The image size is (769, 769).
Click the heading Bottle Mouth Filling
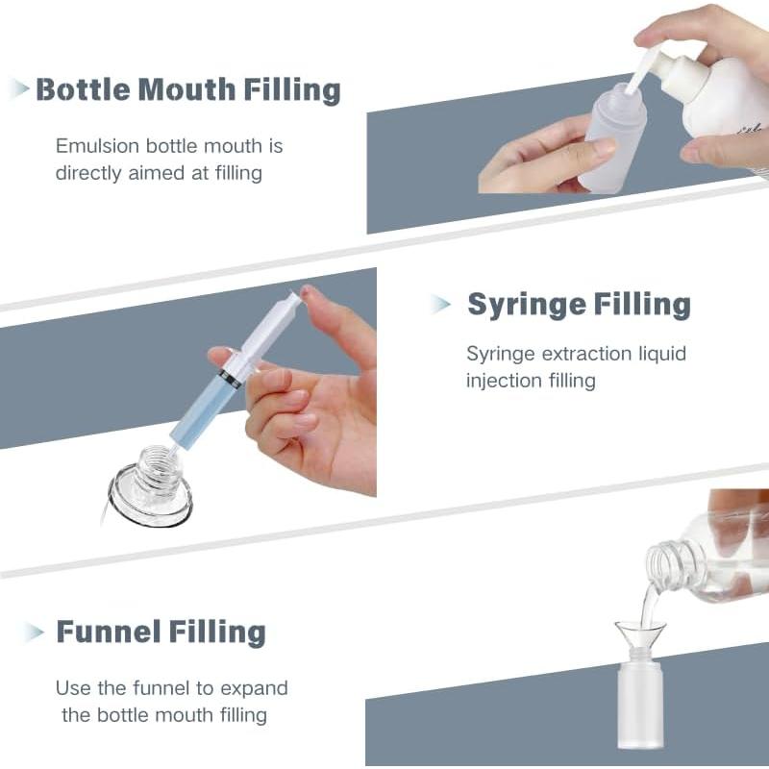pyautogui.click(x=188, y=90)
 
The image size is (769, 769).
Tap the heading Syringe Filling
pyautogui.click(x=579, y=305)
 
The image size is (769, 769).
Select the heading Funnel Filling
pyautogui.click(x=161, y=632)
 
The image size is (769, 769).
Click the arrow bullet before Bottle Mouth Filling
pyautogui.click(x=18, y=90)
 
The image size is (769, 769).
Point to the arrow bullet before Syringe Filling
pyautogui.click(x=441, y=305)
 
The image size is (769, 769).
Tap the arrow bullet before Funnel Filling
pyautogui.click(x=35, y=633)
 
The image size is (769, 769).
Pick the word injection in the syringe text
pyautogui.click(x=506, y=381)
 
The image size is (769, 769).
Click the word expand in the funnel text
pyautogui.click(x=258, y=688)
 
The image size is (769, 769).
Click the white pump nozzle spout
pyautogui.click(x=641, y=69)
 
